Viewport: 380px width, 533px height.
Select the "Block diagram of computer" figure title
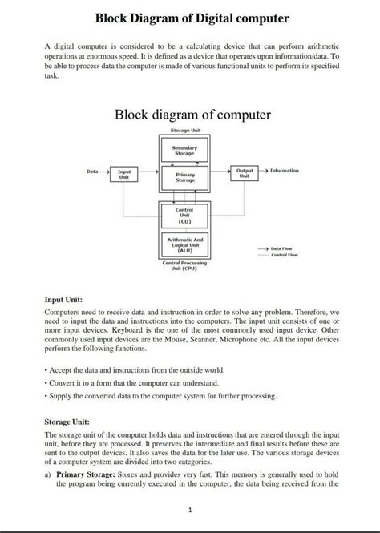pos(192,115)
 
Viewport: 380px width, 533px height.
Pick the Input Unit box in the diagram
pos(123,173)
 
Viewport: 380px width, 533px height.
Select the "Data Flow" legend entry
pos(285,249)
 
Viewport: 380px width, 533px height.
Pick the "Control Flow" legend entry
pos(285,256)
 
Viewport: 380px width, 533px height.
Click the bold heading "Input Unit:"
pos(66,299)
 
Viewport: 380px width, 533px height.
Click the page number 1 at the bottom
pos(190,510)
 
